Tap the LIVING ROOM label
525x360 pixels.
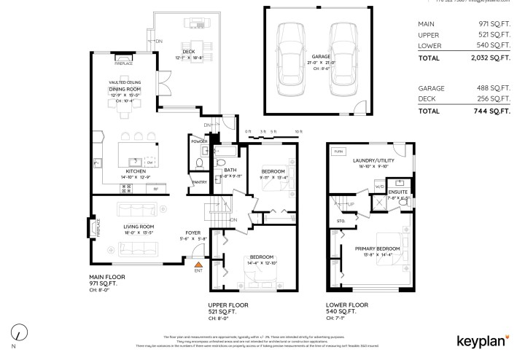[137, 228]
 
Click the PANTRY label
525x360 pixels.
[198, 182]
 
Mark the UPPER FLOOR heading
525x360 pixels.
[229, 305]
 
